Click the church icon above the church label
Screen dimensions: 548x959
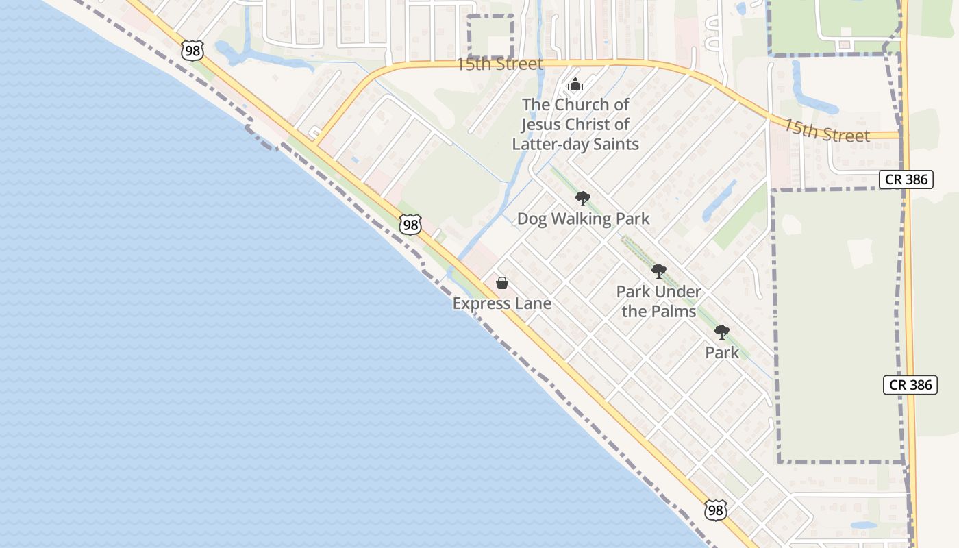575,85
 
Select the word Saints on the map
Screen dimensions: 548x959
614,144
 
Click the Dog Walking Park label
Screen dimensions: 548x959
583,219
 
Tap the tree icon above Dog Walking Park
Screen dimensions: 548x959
583,199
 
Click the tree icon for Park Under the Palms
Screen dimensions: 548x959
659,271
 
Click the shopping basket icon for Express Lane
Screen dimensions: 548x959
502,283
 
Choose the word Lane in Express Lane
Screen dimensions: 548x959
534,303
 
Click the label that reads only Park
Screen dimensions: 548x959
722,353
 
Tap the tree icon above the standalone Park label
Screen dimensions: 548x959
722,333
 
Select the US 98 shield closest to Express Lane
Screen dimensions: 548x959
410,225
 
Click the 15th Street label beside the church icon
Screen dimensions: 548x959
499,64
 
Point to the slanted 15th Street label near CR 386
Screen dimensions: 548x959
826,131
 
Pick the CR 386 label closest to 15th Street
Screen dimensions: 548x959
906,179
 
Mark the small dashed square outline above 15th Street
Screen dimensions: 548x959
490,37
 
